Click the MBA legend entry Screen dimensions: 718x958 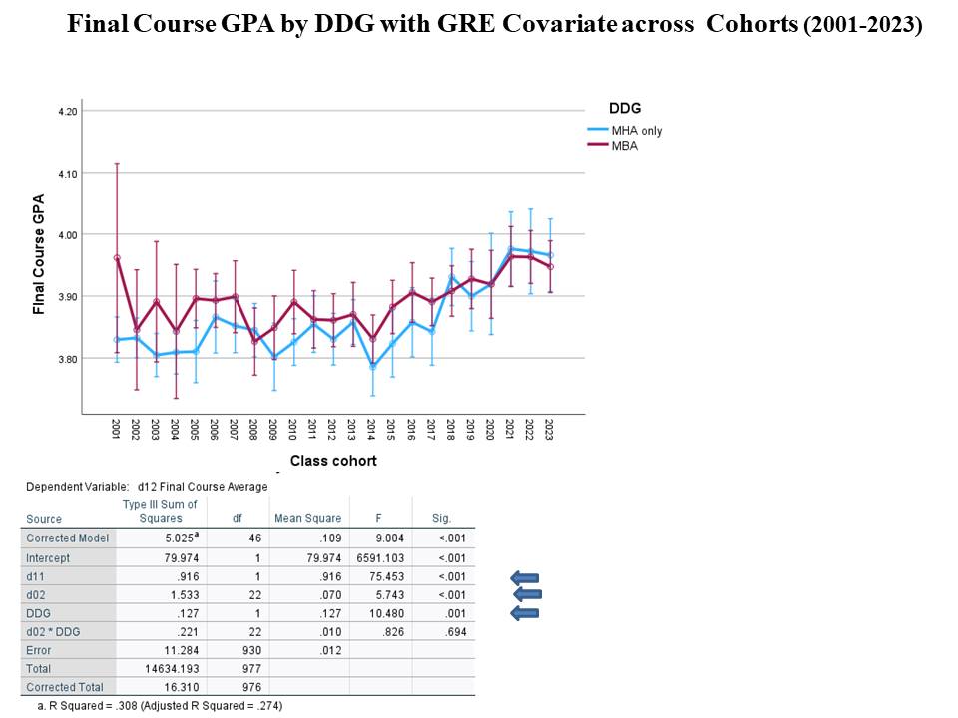coord(625,146)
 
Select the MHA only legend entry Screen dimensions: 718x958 coord(636,131)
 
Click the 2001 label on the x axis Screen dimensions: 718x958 coord(117,430)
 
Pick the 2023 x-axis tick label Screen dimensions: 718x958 coord(549,430)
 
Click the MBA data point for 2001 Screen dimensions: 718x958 coord(117,258)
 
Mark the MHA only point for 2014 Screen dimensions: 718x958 coord(372,367)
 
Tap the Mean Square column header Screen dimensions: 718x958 coord(307,518)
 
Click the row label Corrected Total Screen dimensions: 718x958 coord(64,687)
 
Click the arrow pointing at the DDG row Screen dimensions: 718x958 coord(524,612)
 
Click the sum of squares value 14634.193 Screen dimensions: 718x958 coord(165,668)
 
